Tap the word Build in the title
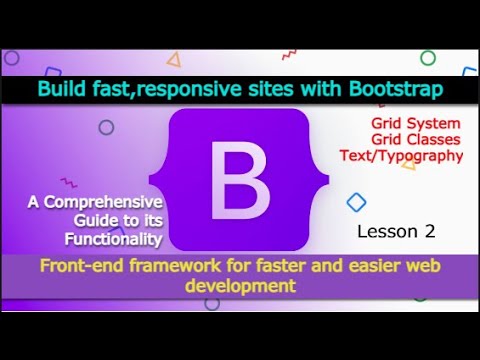pyautogui.click(x=62, y=89)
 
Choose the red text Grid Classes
pyautogui.click(x=413, y=139)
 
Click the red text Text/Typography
pyautogui.click(x=413, y=155)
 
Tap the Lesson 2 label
pyautogui.click(x=397, y=231)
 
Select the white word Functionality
pyautogui.click(x=112, y=239)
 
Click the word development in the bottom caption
pyautogui.click(x=240, y=286)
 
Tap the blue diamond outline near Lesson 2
pyautogui.click(x=356, y=203)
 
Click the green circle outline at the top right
pyautogui.click(x=427, y=58)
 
